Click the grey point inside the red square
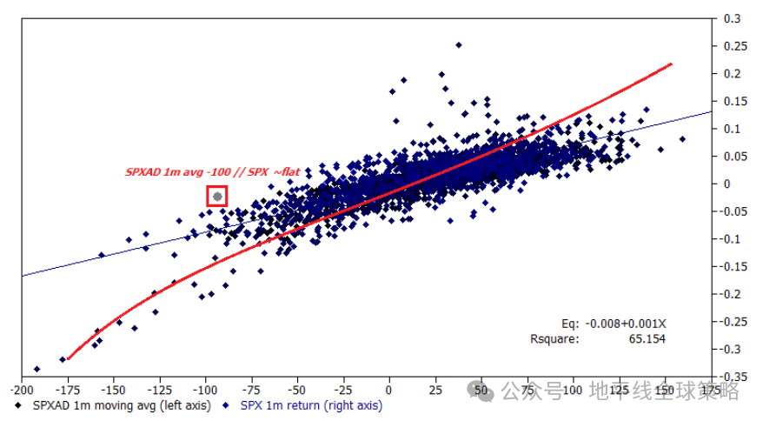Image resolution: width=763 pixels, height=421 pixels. click(217, 197)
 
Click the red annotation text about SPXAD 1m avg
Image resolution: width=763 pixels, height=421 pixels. click(213, 172)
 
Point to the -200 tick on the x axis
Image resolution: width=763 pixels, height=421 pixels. click(22, 391)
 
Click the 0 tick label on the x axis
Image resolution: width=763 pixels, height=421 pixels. click(389, 391)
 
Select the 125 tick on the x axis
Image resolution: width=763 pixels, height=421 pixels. click(620, 391)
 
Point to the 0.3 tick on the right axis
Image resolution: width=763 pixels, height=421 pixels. click(732, 18)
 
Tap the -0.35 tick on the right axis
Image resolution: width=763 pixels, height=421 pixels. click(734, 377)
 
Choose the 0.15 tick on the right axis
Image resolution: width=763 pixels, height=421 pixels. click(734, 101)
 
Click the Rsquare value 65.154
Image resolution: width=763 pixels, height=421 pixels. click(647, 338)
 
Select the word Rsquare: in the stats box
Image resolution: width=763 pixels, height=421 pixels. click(554, 338)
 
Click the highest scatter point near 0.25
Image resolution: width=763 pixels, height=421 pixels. click(459, 45)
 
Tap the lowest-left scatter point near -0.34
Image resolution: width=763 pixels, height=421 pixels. click(36, 369)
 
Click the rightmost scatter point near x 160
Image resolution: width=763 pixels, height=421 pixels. click(682, 139)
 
